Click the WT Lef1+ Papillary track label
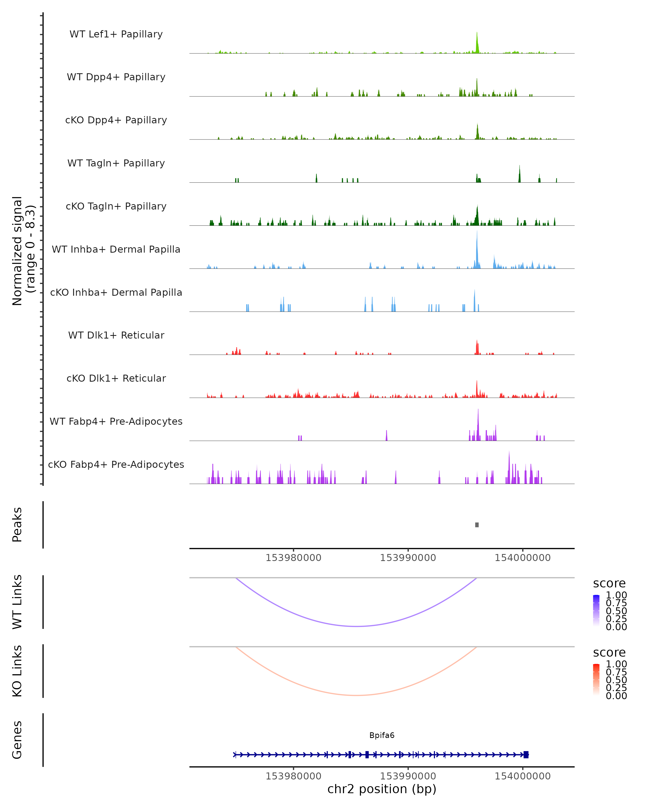[116, 34]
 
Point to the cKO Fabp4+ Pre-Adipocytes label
[116, 464]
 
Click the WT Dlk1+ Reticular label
[116, 335]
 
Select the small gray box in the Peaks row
[477, 525]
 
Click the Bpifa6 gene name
[382, 735]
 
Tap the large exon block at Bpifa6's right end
[526, 754]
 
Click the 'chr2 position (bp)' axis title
[382, 789]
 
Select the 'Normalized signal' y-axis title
[17, 251]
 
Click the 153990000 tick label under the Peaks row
[408, 558]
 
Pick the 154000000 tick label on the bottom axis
[522, 776]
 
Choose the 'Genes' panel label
[17, 740]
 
